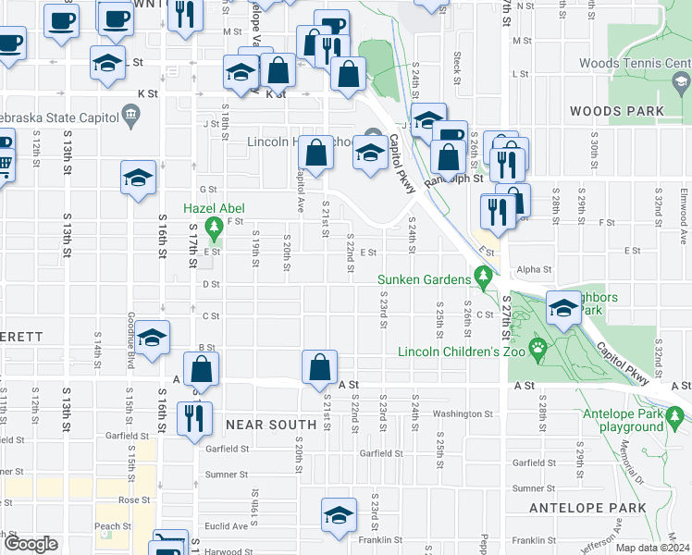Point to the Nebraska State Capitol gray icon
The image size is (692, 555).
coord(129,117)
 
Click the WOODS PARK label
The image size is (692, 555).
coord(616,111)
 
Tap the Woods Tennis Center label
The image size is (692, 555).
coord(634,64)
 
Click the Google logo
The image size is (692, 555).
coord(31,544)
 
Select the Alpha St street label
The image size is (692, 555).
coord(534,270)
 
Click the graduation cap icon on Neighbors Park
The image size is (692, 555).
coord(562,310)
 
